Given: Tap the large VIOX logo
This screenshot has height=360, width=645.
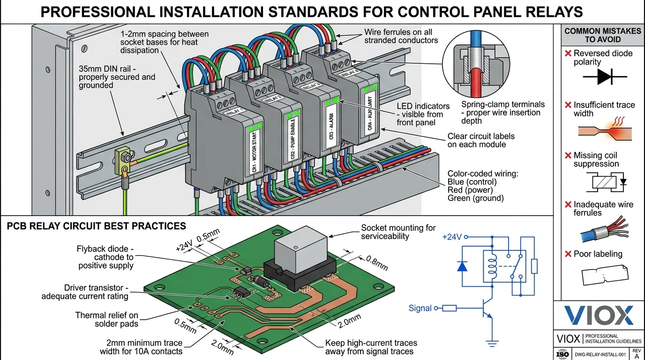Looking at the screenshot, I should point(599,315).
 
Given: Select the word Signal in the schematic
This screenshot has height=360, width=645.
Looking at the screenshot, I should point(420,308).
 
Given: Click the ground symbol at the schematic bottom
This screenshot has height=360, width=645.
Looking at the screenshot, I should point(491,344).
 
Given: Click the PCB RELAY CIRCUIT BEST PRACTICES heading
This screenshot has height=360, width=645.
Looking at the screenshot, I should point(97,226).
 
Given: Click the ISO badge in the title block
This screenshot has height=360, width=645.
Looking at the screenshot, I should point(562,354).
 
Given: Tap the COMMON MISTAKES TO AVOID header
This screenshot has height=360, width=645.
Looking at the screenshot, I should point(602,35).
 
